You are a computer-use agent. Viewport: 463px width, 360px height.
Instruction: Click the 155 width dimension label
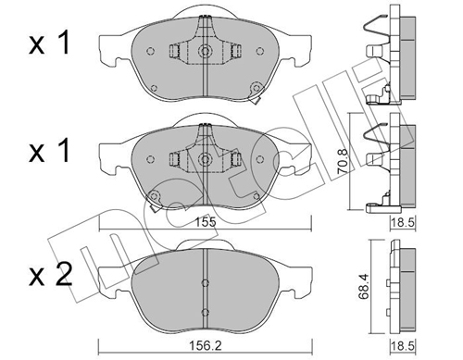[x=206, y=222]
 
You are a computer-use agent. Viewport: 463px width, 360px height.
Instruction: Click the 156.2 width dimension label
[x=206, y=345]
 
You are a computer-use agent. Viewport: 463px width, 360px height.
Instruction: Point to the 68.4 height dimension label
[x=364, y=287]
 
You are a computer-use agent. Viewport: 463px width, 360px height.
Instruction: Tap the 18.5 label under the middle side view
[x=403, y=222]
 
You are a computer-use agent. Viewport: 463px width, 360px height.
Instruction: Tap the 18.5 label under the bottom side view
[x=403, y=346]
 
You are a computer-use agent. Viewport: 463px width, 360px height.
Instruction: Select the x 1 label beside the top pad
[x=49, y=43]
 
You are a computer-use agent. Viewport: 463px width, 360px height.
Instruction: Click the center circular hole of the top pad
[x=205, y=51]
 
